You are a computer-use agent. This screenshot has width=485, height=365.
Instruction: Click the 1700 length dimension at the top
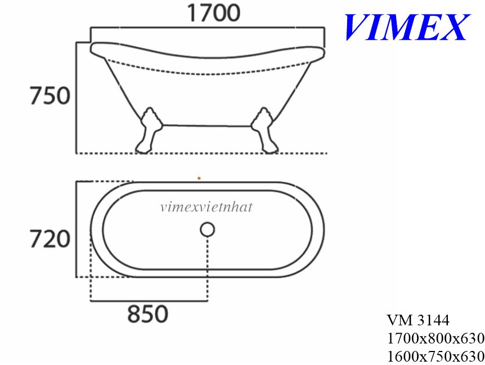213,13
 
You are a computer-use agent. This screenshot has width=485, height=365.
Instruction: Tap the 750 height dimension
50,96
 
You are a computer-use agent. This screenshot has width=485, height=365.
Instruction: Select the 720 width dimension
50,239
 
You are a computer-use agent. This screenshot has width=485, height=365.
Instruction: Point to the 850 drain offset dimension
147,314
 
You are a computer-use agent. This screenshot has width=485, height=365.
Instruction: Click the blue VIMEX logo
407,27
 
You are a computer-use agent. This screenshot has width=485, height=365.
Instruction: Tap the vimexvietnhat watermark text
206,207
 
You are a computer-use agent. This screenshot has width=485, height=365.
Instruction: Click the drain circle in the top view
207,229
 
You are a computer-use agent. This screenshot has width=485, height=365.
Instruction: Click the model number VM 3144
418,320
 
